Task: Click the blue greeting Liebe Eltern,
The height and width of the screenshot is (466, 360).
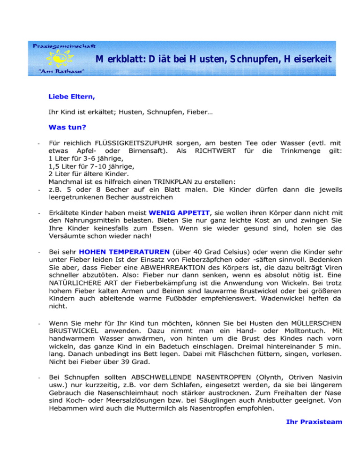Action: point(72,98)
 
